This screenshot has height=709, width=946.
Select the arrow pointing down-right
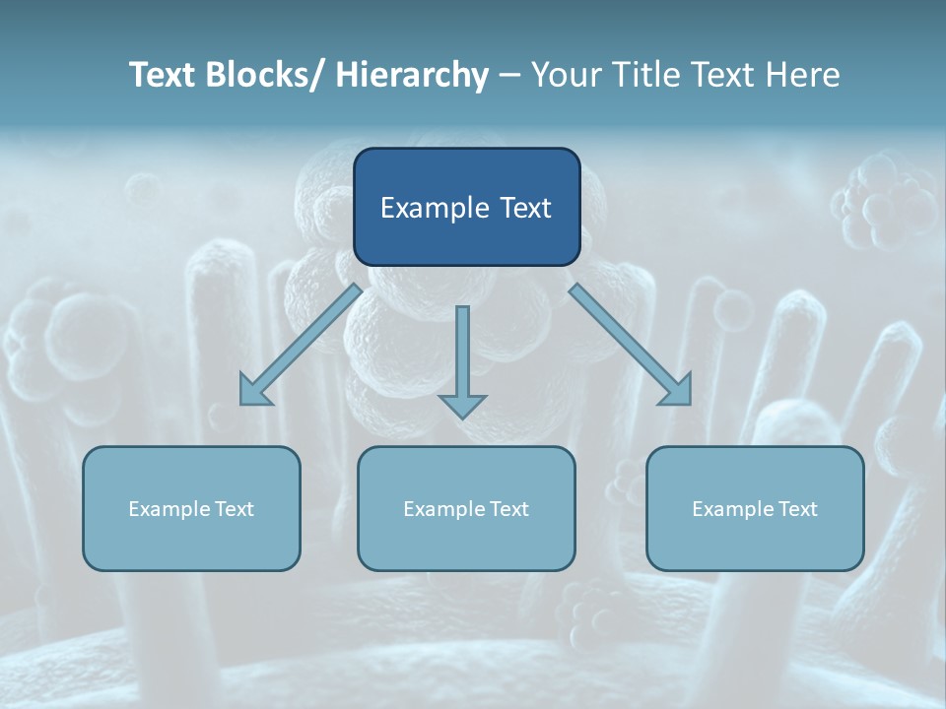click(631, 345)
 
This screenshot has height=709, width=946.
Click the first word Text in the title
click(163, 75)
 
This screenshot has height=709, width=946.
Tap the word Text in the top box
click(523, 209)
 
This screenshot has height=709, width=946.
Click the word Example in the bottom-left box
click(169, 509)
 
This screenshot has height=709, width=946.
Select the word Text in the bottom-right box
click(797, 509)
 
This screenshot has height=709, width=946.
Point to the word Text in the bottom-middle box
click(508, 509)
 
